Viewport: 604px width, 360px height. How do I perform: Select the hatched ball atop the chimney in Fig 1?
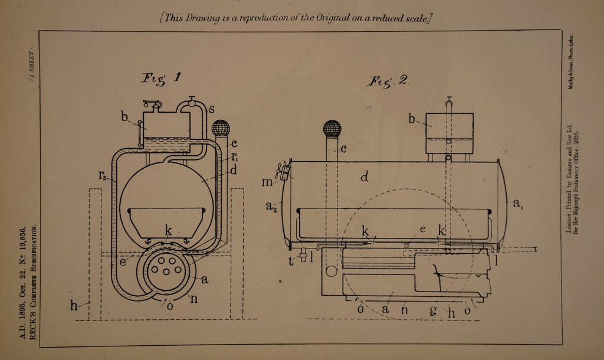tap(220, 128)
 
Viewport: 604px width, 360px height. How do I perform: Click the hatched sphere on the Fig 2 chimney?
tap(332, 129)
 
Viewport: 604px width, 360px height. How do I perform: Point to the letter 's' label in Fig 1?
tap(211, 108)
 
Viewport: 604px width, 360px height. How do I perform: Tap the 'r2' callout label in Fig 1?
tap(102, 175)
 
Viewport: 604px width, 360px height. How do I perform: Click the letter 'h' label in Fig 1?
tap(74, 305)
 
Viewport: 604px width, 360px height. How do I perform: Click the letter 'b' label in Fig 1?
tap(125, 117)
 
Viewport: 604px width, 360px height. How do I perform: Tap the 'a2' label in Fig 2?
tap(270, 206)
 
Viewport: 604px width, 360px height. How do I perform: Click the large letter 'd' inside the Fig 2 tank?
tap(365, 176)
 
